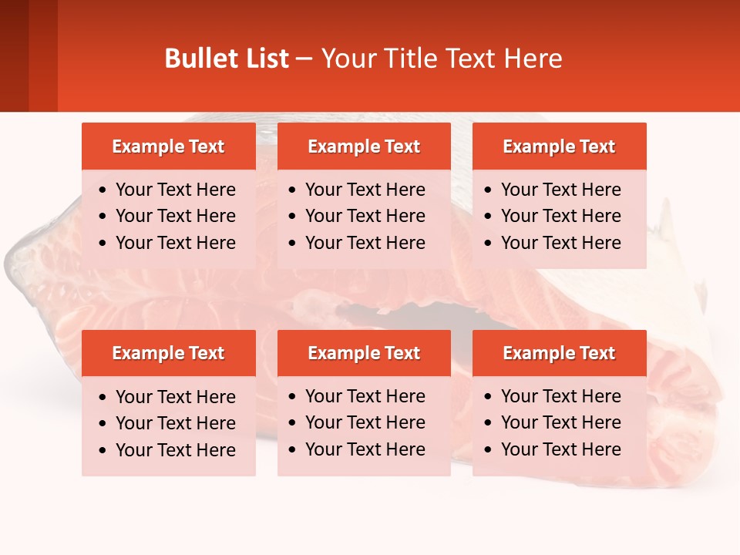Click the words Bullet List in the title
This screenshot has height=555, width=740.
tap(227, 59)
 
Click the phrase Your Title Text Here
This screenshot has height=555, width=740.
tap(442, 59)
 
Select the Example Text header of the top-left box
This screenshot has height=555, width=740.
tap(168, 146)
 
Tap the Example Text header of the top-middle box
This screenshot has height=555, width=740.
tap(364, 146)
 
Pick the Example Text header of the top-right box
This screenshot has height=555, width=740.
tap(559, 146)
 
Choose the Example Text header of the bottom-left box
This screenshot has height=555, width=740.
tap(168, 353)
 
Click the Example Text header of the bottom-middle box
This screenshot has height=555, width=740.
tap(364, 353)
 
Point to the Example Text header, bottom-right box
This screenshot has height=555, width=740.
tap(559, 353)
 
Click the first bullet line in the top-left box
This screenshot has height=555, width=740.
tap(176, 190)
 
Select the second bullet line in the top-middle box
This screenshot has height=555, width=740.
tap(365, 216)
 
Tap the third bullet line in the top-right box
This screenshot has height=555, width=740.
tap(561, 243)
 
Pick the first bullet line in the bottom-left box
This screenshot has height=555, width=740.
tap(176, 397)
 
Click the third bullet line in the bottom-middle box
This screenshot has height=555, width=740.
tap(365, 449)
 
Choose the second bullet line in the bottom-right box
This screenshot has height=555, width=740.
tap(561, 422)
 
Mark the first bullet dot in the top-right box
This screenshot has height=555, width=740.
tap(489, 190)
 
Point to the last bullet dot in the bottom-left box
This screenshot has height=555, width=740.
tap(103, 451)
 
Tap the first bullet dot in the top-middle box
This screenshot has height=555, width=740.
tap(293, 190)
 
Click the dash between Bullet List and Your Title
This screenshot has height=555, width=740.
tap(304, 59)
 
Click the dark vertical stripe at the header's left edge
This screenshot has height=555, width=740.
tap(14, 55)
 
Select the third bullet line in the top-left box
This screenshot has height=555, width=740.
tap(176, 243)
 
